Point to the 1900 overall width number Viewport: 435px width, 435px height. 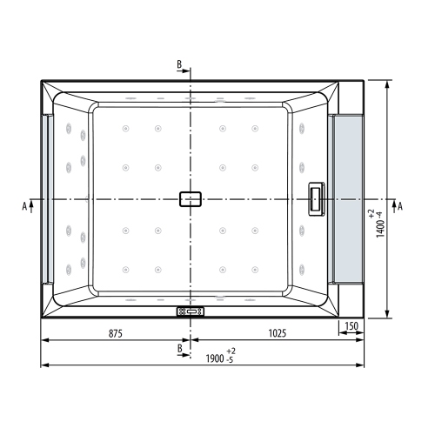click(x=214, y=358)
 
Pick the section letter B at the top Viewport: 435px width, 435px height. click(x=179, y=65)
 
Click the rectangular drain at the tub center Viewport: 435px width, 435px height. click(x=191, y=199)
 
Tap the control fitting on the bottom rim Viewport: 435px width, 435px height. click(x=190, y=311)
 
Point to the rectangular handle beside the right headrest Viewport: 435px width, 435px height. click(x=316, y=199)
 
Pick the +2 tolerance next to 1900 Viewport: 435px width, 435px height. click(x=232, y=351)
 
